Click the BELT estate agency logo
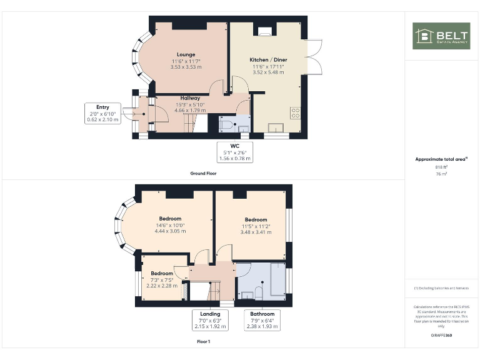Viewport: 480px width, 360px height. pyautogui.click(x=441, y=36)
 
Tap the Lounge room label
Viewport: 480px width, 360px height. pyautogui.click(x=186, y=54)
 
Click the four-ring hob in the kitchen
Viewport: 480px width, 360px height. pyautogui.click(x=296, y=113)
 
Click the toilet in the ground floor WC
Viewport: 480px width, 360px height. pyautogui.click(x=226, y=125)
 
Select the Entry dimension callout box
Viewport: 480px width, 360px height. pyautogui.click(x=102, y=114)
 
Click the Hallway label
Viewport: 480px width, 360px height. pyautogui.click(x=190, y=98)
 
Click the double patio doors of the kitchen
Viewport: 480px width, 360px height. pyautogui.click(x=316, y=55)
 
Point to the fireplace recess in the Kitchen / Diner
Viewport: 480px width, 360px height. pyautogui.click(x=265, y=29)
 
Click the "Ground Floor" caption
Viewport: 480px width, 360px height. pyautogui.click(x=203, y=173)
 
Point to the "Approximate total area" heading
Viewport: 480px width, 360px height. pyautogui.click(x=441, y=159)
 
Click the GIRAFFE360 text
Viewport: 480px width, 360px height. pyautogui.click(x=441, y=336)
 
